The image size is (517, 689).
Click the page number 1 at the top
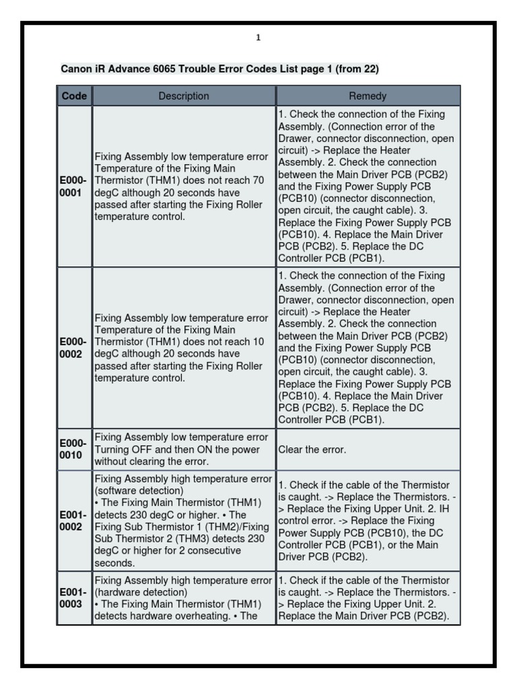pos(258,38)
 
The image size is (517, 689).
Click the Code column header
pos(74,96)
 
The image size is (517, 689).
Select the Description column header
pos(184,96)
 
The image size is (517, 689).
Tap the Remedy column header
pos(368,96)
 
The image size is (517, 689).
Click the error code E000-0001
pos(73,186)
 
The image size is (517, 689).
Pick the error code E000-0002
pos(73,348)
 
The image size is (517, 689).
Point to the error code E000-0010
pos(73,449)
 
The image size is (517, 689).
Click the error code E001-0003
pos(73,598)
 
